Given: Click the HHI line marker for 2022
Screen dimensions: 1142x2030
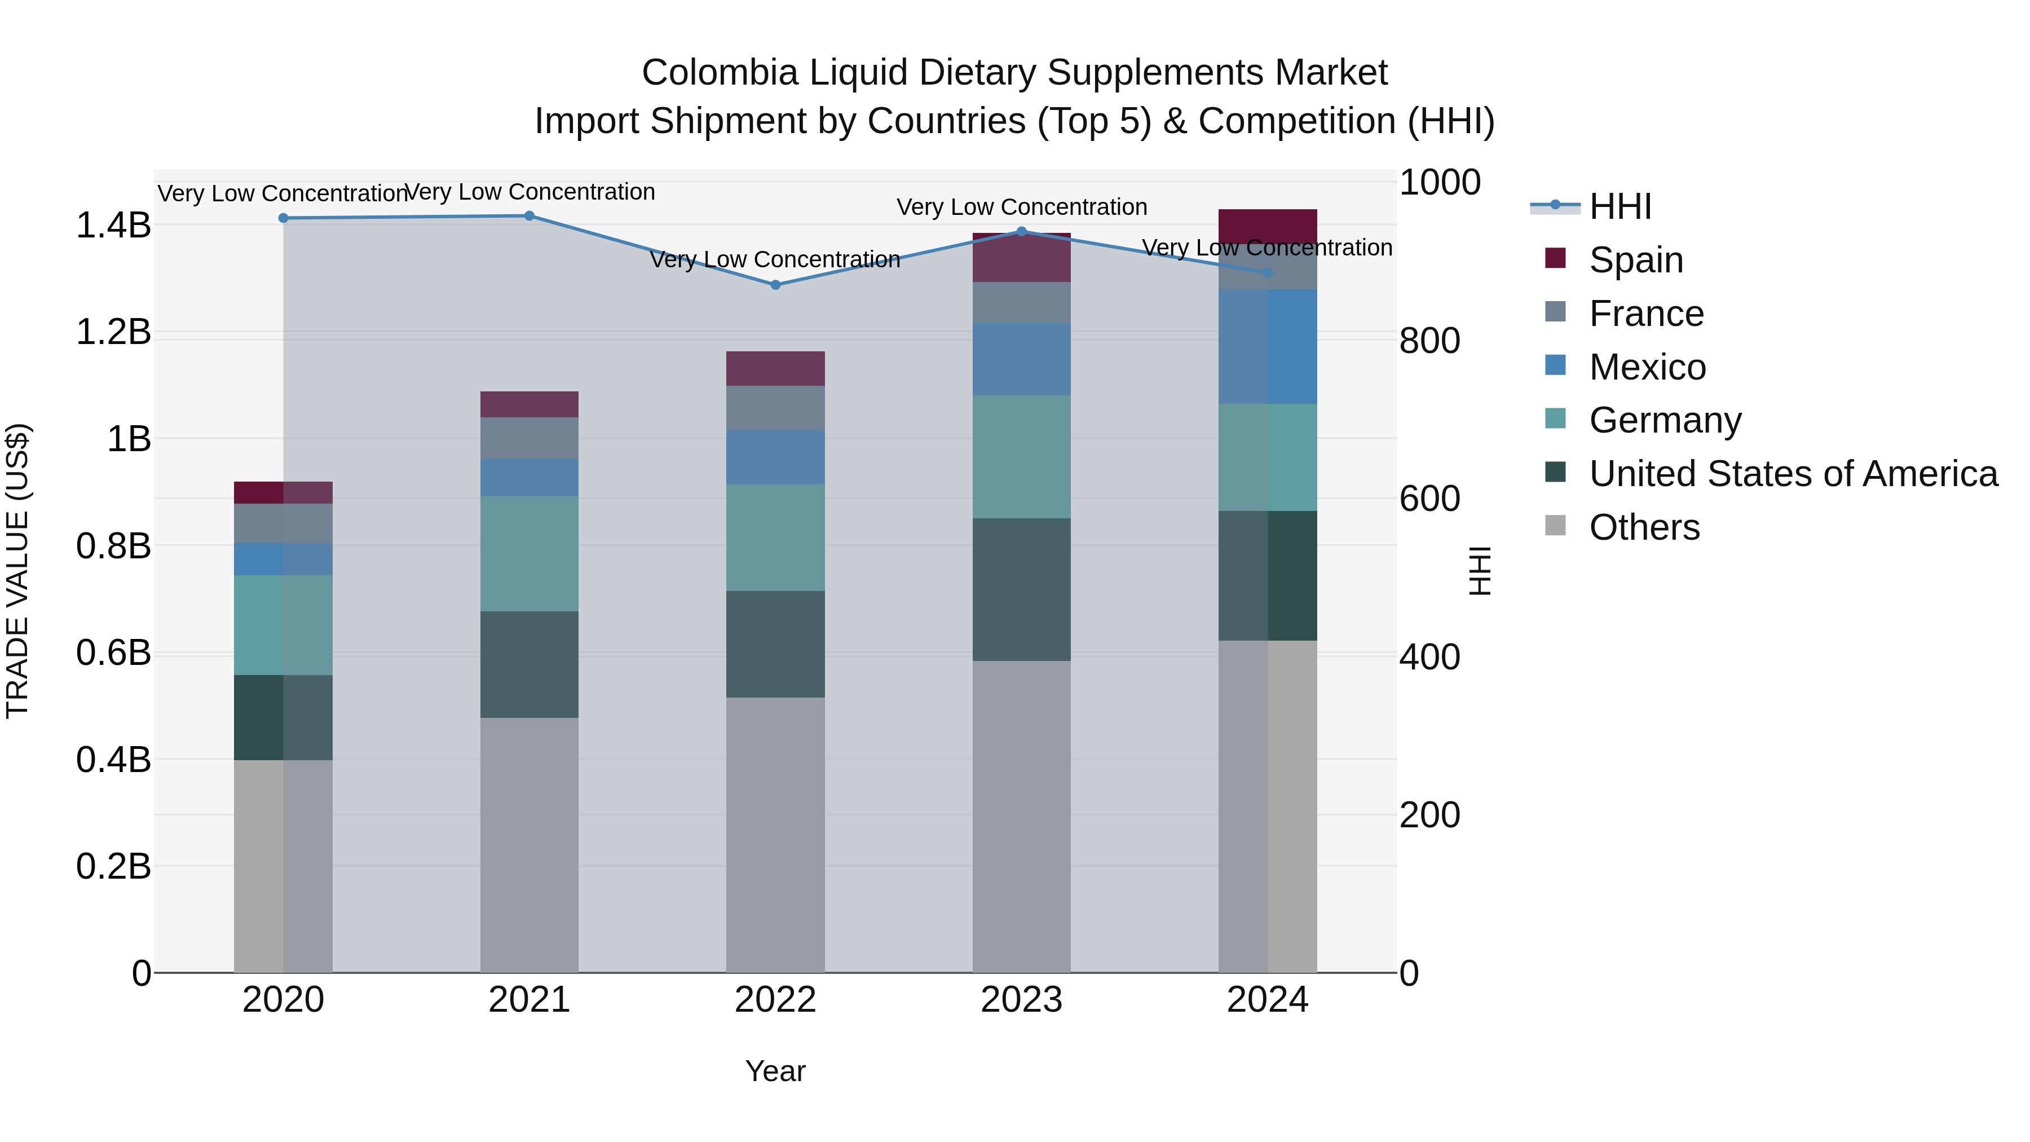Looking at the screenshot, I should (775, 285).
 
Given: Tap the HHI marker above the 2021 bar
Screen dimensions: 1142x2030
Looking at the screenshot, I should (529, 215).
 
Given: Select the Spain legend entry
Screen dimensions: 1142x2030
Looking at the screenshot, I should (1635, 260).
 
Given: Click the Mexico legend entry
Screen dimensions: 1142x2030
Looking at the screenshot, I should (1647, 367).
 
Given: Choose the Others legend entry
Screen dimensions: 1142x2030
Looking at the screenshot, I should (1644, 527).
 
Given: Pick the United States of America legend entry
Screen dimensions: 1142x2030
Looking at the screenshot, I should (1793, 474).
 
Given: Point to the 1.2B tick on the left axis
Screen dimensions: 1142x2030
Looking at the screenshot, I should (113, 332).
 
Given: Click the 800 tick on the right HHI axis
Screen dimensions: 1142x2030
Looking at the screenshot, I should (1429, 341).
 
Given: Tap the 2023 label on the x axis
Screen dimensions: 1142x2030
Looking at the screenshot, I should (1021, 1000).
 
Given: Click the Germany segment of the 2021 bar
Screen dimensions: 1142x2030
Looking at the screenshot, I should (529, 553).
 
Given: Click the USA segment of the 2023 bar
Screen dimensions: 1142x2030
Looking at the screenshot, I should (1021, 589).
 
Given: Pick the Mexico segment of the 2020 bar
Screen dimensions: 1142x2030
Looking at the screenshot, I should (283, 559).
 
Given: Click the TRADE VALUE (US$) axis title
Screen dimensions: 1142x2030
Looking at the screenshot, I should (17, 571).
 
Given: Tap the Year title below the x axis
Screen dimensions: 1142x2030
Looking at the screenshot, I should (775, 1071).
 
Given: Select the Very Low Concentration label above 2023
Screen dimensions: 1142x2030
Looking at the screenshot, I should (1021, 208).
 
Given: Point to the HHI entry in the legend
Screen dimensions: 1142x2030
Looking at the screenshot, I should (1619, 206).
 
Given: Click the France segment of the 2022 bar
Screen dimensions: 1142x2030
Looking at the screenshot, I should (775, 408).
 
